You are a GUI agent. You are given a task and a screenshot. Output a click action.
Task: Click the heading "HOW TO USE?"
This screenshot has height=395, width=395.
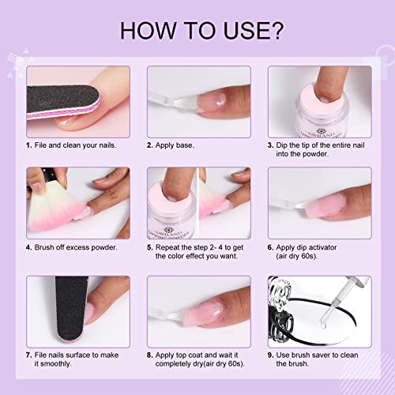(x=197, y=31)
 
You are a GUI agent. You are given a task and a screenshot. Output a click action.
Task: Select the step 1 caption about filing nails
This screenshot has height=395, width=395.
(x=71, y=146)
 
